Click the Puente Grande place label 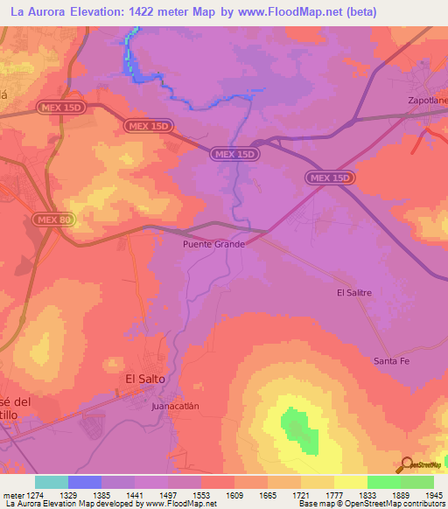(213, 244)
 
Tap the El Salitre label (356, 293)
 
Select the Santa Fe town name (391, 360)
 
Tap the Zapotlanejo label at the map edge (428, 101)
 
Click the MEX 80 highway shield (55, 219)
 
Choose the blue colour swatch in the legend (84, 482)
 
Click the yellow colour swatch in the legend (350, 482)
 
